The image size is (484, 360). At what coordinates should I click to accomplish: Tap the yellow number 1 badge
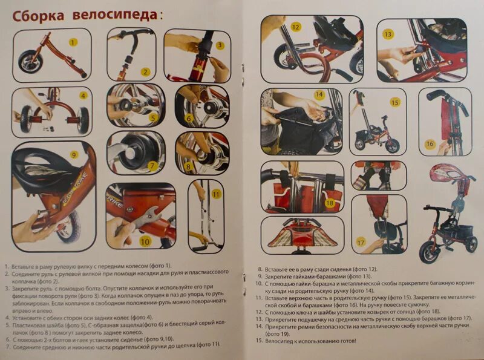click(73, 42)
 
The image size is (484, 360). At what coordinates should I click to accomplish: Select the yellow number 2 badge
click(145, 71)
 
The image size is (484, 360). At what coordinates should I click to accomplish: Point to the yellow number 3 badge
click(220, 45)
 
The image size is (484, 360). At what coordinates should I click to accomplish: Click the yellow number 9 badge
click(74, 155)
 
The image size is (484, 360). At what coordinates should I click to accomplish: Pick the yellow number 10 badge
click(145, 241)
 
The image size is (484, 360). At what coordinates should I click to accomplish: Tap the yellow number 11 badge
click(215, 194)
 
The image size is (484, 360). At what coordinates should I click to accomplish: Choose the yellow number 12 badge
click(295, 27)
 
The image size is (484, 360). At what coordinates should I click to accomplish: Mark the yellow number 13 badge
click(388, 34)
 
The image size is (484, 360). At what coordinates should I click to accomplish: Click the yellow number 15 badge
click(395, 102)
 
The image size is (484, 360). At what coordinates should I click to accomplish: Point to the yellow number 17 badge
click(361, 241)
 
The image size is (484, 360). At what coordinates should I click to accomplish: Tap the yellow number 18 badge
click(330, 203)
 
